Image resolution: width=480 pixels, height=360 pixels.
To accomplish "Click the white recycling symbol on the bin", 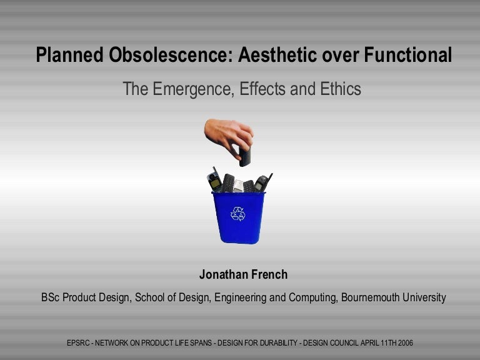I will pos(238,214).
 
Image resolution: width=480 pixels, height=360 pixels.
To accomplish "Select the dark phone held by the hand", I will pos(244,155).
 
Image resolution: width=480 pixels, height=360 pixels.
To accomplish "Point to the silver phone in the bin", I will pos(238,185).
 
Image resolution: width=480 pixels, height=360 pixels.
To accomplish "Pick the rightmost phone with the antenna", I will pos(262,182).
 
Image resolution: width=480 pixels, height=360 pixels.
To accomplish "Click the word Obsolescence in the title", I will pos(172,56).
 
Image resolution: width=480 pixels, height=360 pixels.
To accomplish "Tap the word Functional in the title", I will pos(408,56).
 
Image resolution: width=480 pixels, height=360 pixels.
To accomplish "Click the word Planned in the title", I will pos(70,56).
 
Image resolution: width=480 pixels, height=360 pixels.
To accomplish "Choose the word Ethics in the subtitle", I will pos(341,89).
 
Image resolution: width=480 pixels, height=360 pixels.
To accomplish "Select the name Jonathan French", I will pos(243,275).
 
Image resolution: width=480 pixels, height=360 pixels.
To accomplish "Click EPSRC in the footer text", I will pos(79,343).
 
